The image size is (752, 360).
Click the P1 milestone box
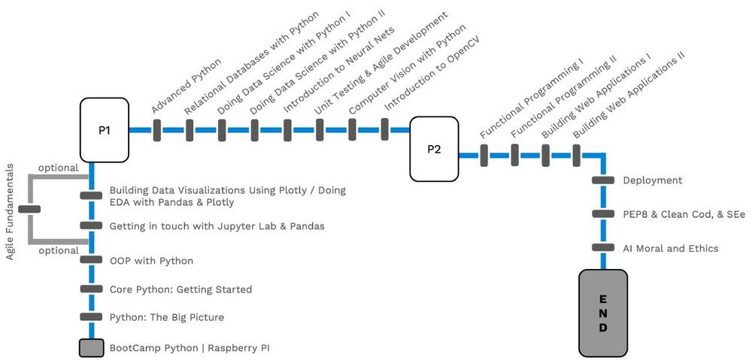point(105,131)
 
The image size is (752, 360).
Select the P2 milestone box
point(434,149)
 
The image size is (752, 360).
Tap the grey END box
point(603,313)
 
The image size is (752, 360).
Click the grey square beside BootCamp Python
point(92,348)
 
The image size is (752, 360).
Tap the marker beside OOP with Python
point(91,260)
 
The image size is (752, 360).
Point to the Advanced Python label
point(186,86)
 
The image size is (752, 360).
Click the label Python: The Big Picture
point(166,317)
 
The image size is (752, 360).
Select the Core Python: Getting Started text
point(180,289)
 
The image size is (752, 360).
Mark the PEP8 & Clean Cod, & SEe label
point(684,214)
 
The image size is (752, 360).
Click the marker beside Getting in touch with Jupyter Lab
point(91,226)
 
